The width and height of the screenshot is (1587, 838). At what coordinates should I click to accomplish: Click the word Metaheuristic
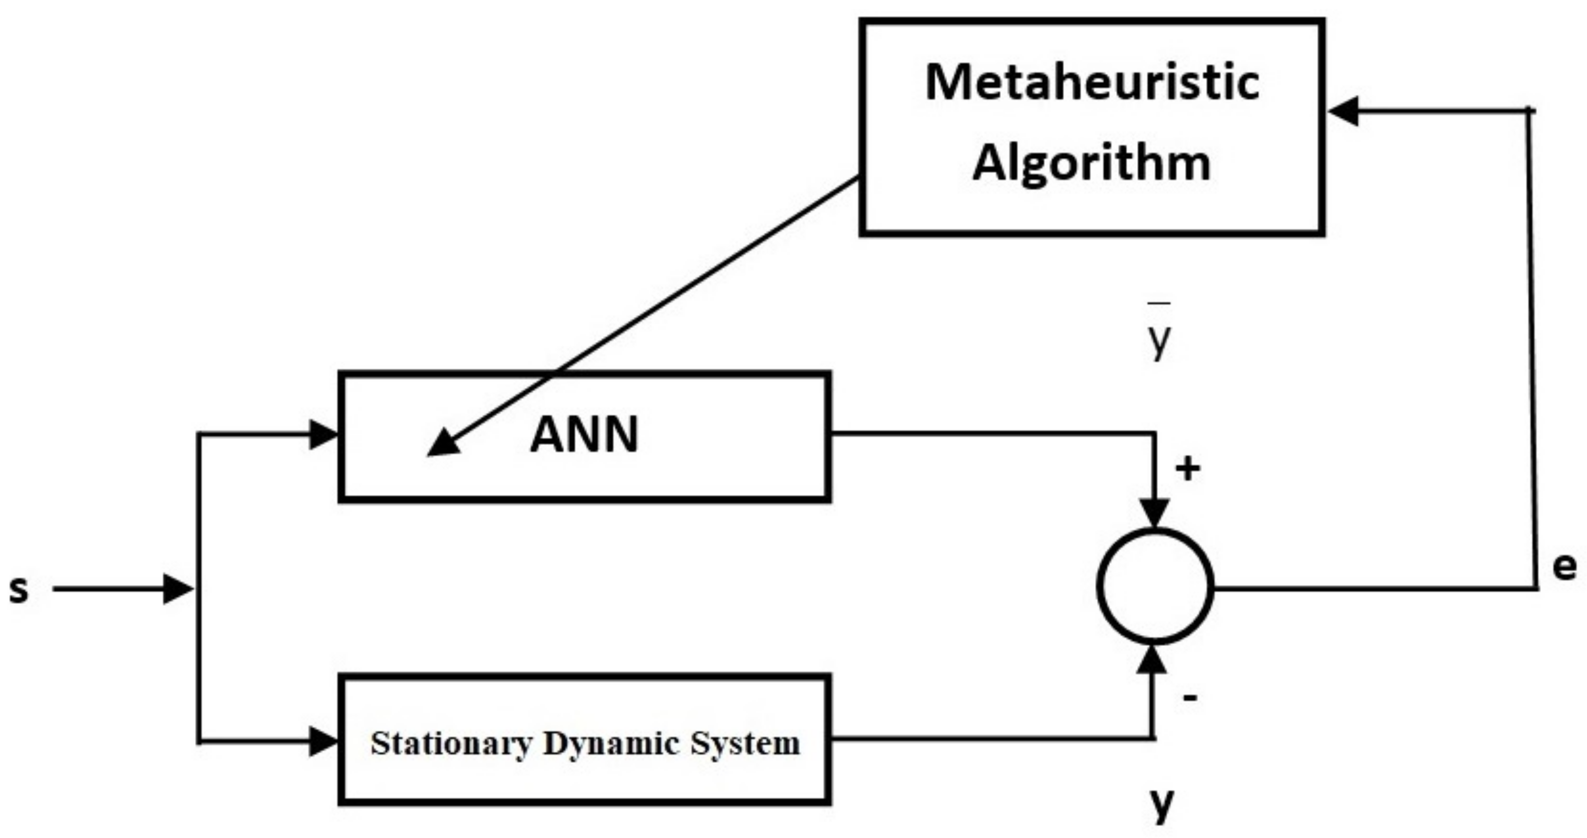1092,83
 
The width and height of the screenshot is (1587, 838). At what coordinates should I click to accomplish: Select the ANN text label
584,435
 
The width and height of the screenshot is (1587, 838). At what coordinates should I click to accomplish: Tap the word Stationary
450,744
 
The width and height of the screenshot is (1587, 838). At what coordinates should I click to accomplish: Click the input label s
19,589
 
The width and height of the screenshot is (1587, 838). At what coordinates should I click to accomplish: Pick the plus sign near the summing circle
1188,469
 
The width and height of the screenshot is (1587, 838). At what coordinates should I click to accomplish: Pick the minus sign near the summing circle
1190,698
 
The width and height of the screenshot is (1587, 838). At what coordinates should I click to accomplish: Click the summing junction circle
1155,587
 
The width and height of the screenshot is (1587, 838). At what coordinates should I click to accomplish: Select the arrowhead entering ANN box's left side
323,435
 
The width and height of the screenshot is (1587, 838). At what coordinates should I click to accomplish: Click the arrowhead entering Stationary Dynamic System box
323,741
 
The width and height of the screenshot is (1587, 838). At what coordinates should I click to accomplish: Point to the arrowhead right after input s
178,589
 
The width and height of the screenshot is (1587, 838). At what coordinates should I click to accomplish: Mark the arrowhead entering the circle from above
1154,512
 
